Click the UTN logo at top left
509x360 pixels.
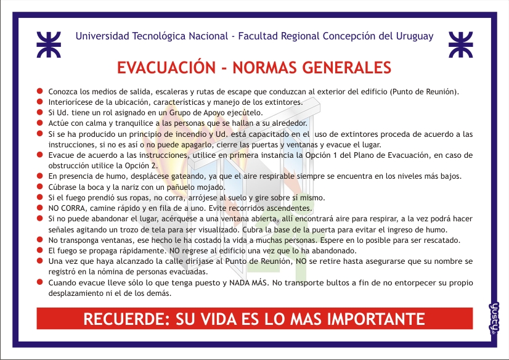click(49, 44)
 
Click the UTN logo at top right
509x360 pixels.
click(460, 44)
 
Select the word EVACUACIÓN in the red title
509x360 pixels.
click(166, 67)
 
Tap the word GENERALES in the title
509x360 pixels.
click(346, 68)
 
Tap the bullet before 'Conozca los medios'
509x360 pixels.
click(39, 91)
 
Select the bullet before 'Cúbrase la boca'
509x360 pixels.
click(39, 186)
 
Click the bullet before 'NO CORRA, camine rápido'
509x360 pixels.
click(39, 207)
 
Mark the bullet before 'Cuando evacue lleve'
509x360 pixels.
click(39, 282)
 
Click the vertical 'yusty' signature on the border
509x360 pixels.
click(494, 319)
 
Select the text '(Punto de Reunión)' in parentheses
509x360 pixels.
click(425, 92)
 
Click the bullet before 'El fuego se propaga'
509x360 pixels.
click(39, 250)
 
